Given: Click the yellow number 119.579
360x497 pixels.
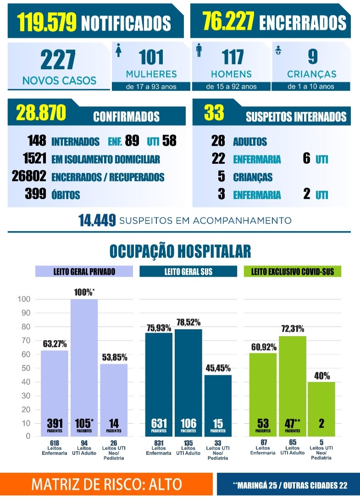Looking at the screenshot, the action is tap(47, 22).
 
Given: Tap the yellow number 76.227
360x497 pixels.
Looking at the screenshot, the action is tap(228, 21).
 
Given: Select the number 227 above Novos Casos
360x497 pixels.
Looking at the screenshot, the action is tap(58, 60).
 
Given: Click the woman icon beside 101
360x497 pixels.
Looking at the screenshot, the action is tap(119, 50).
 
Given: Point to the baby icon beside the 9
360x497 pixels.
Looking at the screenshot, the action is tap(278, 50).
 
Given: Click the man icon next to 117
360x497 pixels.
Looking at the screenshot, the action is tap(199, 50).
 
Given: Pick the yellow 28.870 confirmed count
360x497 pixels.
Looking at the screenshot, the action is tap(41, 112).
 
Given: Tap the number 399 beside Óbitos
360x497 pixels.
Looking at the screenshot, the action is tap(35, 193).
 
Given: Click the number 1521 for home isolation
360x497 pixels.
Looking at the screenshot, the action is tap(34, 158).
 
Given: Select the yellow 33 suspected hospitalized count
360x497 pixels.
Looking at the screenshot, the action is tap(214, 112).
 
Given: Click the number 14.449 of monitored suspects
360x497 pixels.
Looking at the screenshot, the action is tap(97, 220).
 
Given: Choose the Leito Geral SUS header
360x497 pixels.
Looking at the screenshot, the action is tap(188, 271).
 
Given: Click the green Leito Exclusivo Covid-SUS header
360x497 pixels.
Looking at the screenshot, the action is tap(293, 271).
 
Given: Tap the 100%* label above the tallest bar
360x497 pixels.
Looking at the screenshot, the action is tap(84, 292).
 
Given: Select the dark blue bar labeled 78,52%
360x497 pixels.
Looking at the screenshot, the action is tap(188, 383).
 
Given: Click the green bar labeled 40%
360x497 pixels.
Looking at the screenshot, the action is tap(321, 409).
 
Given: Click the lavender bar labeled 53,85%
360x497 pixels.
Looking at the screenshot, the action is tap(114, 400).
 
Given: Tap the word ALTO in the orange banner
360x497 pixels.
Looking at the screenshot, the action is tap(166, 484).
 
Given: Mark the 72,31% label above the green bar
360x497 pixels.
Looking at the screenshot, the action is tap(293, 329).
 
